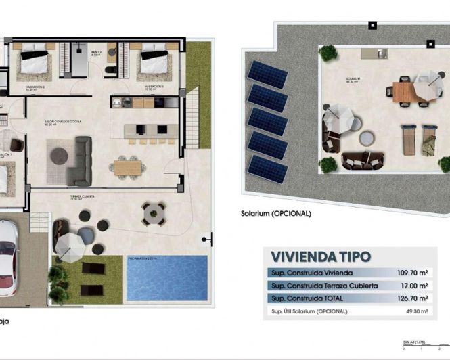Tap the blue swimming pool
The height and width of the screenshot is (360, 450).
pyautogui.click(x=166, y=278)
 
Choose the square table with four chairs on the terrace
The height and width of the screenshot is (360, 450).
pyautogui.click(x=153, y=213)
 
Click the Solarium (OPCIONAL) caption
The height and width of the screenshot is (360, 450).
pyautogui.click(x=275, y=213)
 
